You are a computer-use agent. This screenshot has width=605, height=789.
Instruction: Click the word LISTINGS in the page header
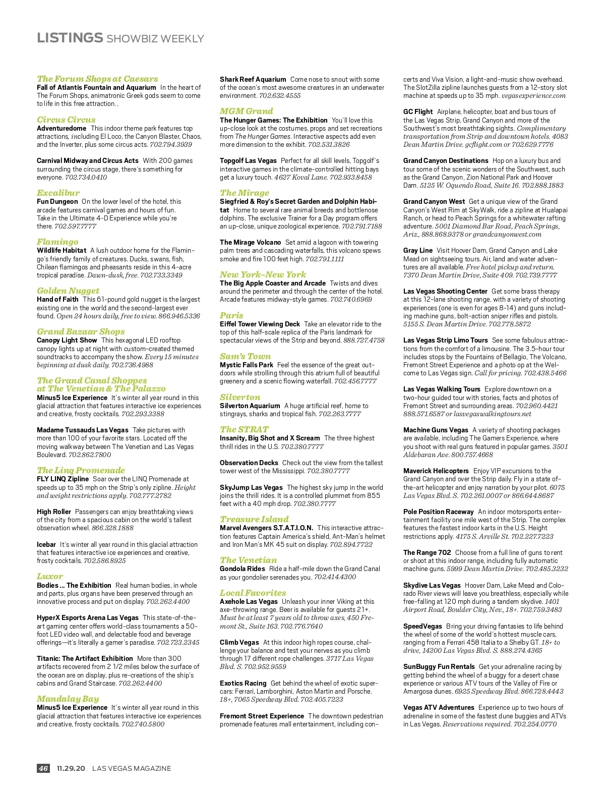70,38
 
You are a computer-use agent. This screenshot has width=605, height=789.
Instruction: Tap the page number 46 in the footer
43,768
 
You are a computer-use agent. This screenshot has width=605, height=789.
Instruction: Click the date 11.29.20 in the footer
71,768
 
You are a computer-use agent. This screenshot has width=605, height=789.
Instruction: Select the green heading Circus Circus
66,120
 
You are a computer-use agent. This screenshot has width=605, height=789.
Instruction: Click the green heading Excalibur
58,193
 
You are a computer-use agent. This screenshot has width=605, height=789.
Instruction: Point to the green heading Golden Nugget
68,291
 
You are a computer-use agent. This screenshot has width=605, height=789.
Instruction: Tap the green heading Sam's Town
245,356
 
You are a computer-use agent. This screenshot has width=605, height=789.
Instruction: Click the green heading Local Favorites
253,593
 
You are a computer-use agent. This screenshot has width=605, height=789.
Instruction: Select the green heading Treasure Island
254,519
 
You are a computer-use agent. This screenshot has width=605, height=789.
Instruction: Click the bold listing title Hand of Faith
57,299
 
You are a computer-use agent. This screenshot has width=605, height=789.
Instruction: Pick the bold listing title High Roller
54,512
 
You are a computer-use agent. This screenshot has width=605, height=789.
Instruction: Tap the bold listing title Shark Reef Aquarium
253,79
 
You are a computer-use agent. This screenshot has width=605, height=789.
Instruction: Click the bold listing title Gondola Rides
242,569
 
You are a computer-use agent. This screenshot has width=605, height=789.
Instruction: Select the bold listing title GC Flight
418,111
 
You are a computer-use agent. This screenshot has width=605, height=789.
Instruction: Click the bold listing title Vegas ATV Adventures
439,707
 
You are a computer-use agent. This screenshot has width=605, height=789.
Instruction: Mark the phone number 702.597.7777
75,226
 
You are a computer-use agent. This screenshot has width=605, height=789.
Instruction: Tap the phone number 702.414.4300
335,577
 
